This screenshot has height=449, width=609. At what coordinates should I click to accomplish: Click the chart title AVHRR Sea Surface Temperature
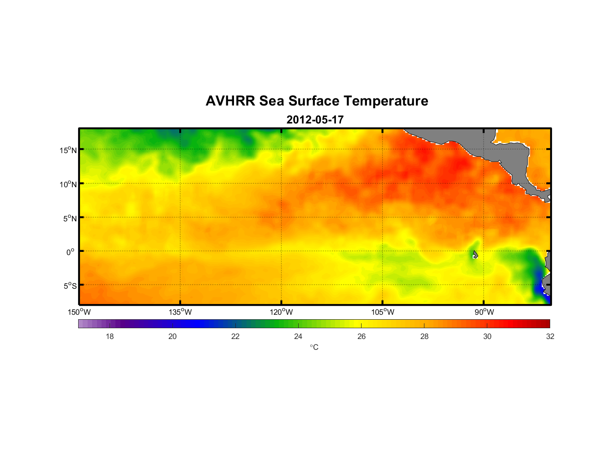(317, 101)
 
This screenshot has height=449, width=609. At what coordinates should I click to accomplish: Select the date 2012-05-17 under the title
(315, 120)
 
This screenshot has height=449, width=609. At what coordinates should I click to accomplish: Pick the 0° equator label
(71, 252)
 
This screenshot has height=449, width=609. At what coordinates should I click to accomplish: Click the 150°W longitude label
(79, 312)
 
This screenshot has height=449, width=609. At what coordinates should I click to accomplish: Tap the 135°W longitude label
(180, 312)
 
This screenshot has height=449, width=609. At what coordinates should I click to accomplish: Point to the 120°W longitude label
(281, 312)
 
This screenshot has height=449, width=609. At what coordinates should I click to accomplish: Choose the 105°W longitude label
(383, 312)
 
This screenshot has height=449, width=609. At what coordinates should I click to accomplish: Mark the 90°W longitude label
(484, 312)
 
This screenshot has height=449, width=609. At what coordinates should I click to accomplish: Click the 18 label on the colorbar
(110, 336)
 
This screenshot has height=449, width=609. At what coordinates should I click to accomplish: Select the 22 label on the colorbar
(235, 336)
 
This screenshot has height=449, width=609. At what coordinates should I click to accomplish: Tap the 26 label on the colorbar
(362, 336)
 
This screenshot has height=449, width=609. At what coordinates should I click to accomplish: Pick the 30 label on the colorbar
(487, 336)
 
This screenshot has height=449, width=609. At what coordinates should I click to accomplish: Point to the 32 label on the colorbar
(550, 336)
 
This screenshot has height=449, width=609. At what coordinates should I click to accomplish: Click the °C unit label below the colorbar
(314, 347)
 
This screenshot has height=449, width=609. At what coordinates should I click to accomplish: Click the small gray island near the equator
(475, 255)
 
